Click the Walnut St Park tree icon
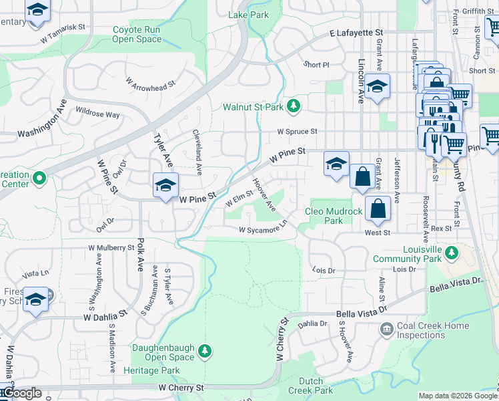[293, 106]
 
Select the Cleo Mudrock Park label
[334, 216]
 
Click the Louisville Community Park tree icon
[452, 252]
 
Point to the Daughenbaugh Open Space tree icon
[205, 350]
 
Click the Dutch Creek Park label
[310, 386]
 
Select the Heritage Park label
[155, 370]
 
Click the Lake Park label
[248, 14]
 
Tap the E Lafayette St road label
[357, 32]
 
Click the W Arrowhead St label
[150, 83]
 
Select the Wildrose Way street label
[97, 111]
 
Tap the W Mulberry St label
[111, 247]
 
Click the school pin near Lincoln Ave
[378, 86]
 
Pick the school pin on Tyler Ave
[165, 185]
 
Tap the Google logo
[21, 393]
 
